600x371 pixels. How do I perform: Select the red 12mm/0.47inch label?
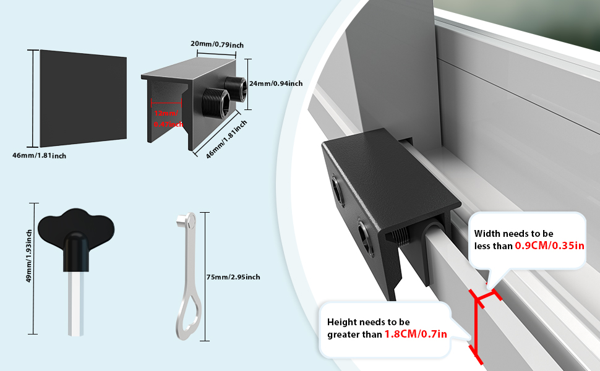click(x=168, y=119)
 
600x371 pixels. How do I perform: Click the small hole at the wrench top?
click(x=191, y=218)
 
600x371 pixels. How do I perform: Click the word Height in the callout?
click(x=342, y=322)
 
